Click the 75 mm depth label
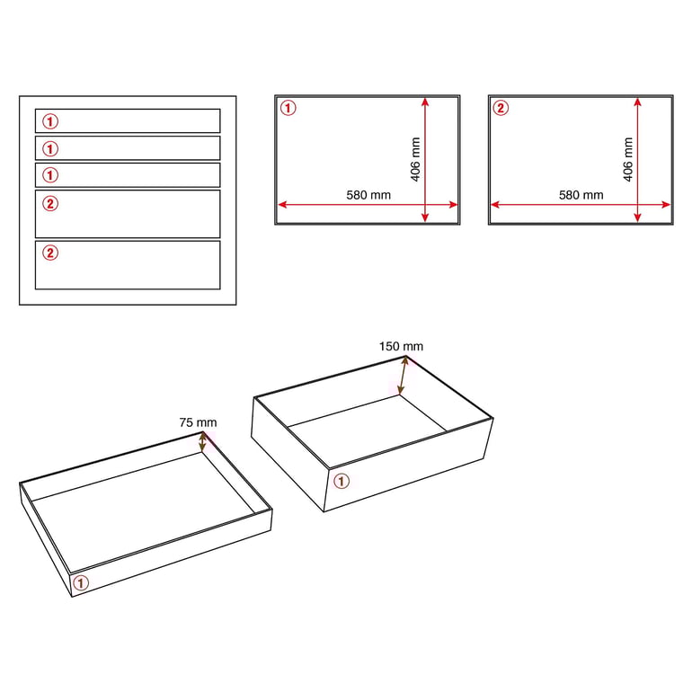pyautogui.click(x=198, y=422)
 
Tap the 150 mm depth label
pyautogui.click(x=401, y=346)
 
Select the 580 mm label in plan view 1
pyautogui.click(x=368, y=195)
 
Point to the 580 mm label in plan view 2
pyautogui.click(x=581, y=195)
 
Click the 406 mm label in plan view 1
pyautogui.click(x=415, y=159)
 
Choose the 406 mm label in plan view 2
pyautogui.click(x=628, y=159)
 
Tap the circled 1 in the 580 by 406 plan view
pyautogui.click(x=288, y=108)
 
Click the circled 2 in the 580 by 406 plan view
pyautogui.click(x=501, y=108)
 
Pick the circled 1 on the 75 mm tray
pyautogui.click(x=80, y=583)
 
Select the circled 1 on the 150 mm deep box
pyautogui.click(x=342, y=481)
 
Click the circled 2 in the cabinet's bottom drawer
pyautogui.click(x=50, y=253)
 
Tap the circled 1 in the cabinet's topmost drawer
pyautogui.click(x=50, y=121)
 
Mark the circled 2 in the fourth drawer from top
pyautogui.click(x=50, y=203)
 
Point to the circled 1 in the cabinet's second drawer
pyautogui.click(x=50, y=148)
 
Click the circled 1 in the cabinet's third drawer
pyautogui.click(x=50, y=175)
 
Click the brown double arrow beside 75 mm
pyautogui.click(x=202, y=442)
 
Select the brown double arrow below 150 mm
pyautogui.click(x=403, y=375)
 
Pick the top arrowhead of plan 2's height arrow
pyautogui.click(x=637, y=102)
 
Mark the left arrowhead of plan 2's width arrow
pyautogui.click(x=495, y=204)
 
